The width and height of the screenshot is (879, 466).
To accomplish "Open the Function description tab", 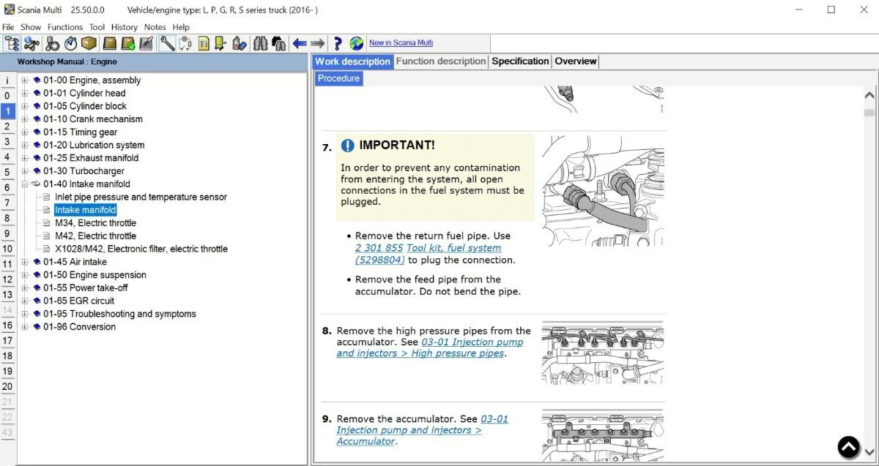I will click(440, 61).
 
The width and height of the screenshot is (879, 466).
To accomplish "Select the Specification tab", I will click(520, 61).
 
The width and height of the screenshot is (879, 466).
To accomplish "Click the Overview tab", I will click(575, 61).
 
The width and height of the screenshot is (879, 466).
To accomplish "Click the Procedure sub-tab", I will click(338, 78).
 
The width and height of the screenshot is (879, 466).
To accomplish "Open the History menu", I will click(124, 27).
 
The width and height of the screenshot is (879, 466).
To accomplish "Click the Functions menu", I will click(65, 27).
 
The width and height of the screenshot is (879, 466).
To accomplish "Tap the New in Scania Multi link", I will click(401, 43).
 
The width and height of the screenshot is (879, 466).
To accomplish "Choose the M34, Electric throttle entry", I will click(95, 223).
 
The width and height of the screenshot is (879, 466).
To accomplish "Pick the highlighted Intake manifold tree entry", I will click(85, 210).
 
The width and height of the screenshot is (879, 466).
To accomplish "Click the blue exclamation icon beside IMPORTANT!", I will click(347, 146).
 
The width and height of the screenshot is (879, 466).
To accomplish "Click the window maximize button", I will click(831, 10).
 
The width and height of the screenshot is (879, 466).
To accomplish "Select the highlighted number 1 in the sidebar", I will click(7, 111).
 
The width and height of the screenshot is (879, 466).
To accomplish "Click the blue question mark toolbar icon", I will click(338, 44).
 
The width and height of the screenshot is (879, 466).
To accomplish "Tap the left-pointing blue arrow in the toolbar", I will click(300, 44).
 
